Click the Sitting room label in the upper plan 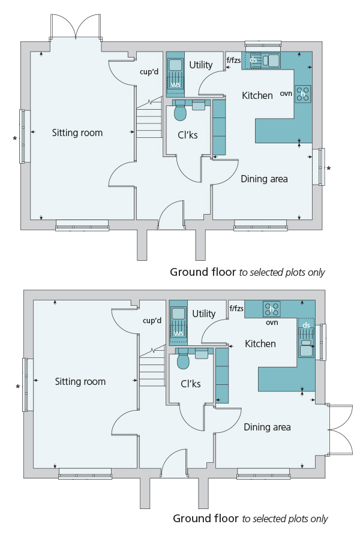click(x=77, y=133)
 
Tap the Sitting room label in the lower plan click(x=80, y=381)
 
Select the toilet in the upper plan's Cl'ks click(x=180, y=113)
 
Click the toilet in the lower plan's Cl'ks click(x=183, y=361)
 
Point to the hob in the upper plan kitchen click(x=303, y=94)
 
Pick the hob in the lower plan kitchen click(x=272, y=309)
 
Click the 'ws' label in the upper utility click(x=176, y=84)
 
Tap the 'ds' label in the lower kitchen click(x=306, y=325)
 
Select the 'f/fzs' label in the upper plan click(x=234, y=61)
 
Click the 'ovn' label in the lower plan click(x=272, y=323)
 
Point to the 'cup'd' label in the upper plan click(x=149, y=72)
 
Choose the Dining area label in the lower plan click(x=267, y=427)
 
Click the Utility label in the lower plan click(x=204, y=314)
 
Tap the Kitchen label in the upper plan click(x=257, y=95)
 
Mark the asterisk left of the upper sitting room click(x=15, y=138)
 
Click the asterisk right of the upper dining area click(x=329, y=168)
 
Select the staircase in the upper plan click(x=149, y=118)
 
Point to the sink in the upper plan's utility click(x=175, y=65)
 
